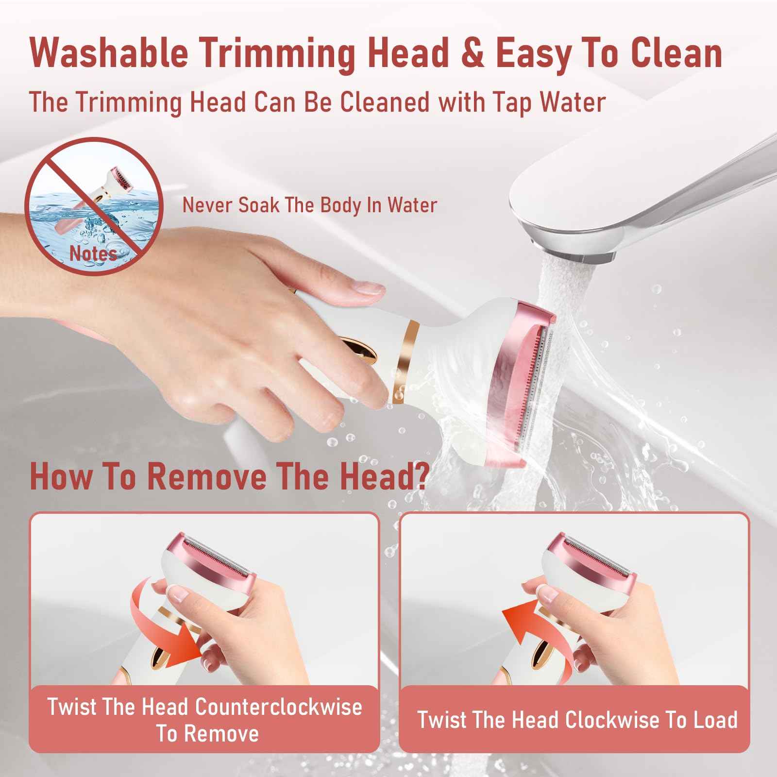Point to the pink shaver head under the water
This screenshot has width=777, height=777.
(x=522, y=384)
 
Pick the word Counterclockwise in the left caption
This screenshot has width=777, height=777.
(x=278, y=707)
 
